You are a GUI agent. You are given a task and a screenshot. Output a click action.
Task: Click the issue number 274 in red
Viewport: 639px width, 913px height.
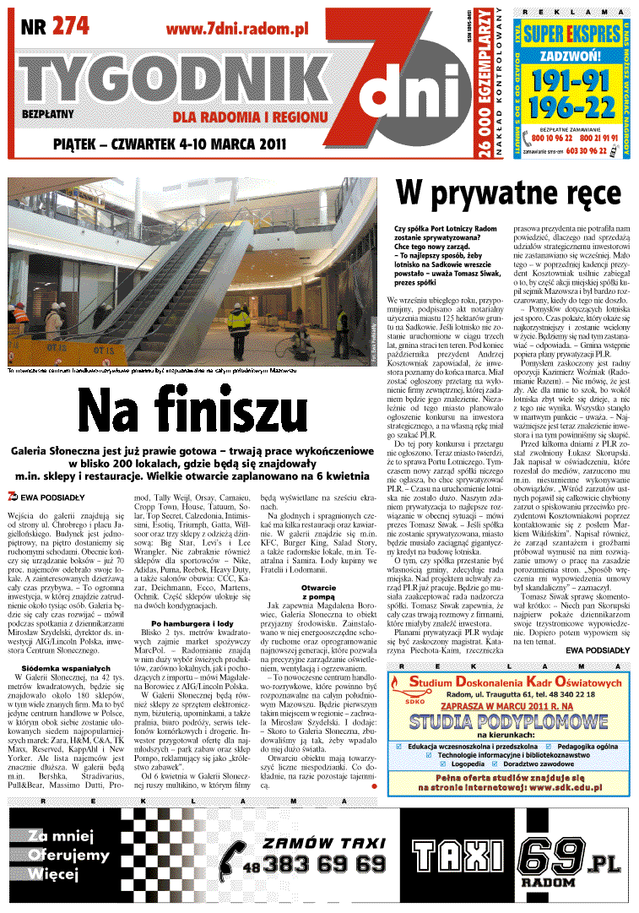pos(70,26)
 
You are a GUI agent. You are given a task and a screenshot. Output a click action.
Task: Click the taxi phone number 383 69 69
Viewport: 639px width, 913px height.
pos(323,865)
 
